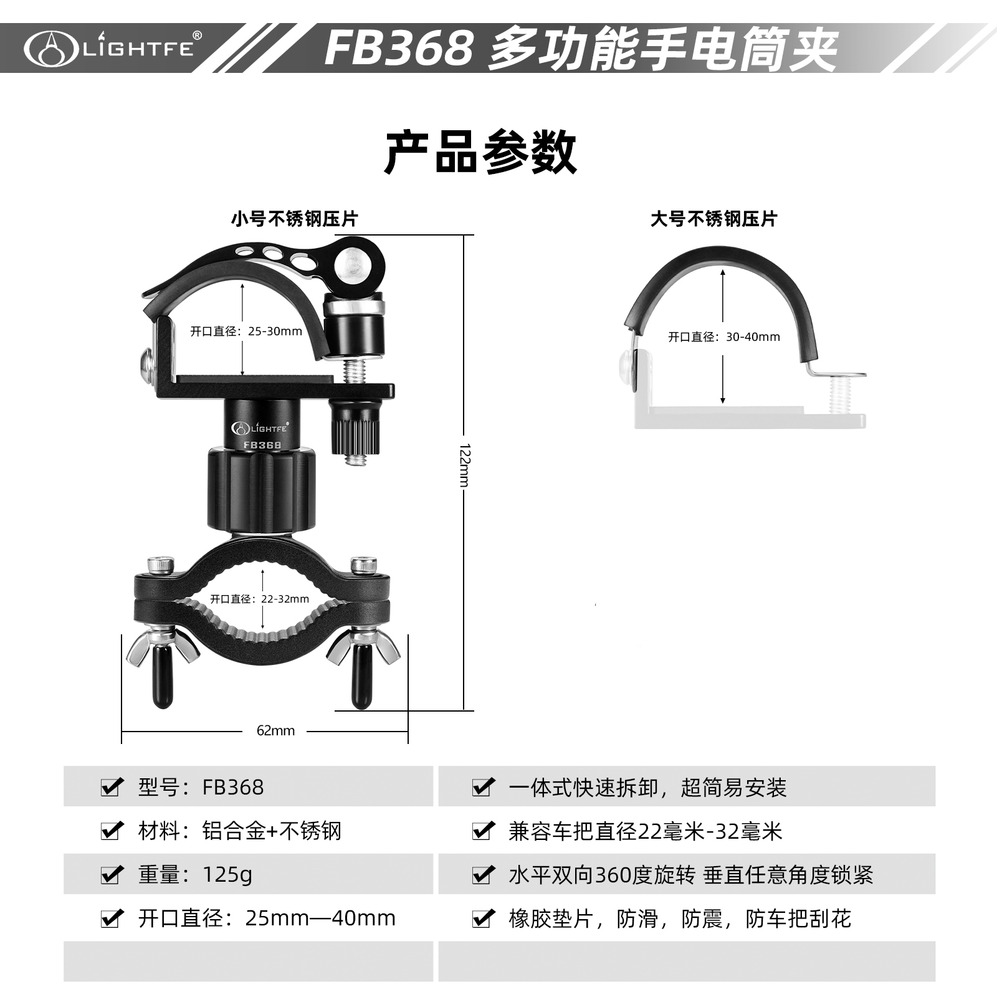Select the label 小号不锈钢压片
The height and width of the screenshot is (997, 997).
click(x=294, y=219)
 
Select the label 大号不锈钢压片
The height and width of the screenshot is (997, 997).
click(x=713, y=219)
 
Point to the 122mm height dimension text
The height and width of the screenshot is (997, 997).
click(x=464, y=465)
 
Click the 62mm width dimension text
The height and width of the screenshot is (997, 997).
click(x=275, y=730)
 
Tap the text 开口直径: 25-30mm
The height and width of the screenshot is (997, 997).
click(x=246, y=332)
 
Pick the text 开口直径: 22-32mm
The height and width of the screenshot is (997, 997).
click(x=259, y=599)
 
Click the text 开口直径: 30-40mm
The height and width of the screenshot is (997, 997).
click(x=724, y=337)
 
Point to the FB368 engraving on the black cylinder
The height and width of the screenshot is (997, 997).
click(x=262, y=445)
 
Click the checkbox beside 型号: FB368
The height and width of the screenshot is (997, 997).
click(x=112, y=787)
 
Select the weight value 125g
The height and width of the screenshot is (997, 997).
click(x=227, y=875)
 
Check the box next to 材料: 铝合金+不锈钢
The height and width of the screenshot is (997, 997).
click(x=112, y=831)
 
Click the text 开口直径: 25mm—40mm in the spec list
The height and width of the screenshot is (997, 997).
click(x=267, y=918)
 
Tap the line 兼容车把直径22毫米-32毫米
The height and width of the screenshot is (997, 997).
click(x=645, y=831)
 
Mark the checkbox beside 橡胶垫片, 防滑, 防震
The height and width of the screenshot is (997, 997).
click(x=483, y=918)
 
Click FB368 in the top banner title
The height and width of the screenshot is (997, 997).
click(x=399, y=48)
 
